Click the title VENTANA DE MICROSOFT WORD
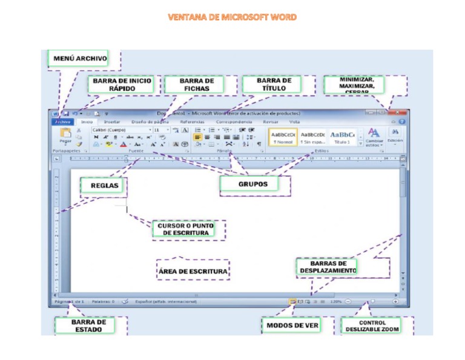pos(232,17)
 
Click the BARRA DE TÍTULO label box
pos(274,84)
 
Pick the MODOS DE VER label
pos(292,326)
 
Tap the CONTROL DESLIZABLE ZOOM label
pos(372,326)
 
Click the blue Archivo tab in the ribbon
pos(62,122)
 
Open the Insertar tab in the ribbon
pos(112,122)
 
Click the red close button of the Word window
pos(397,113)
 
